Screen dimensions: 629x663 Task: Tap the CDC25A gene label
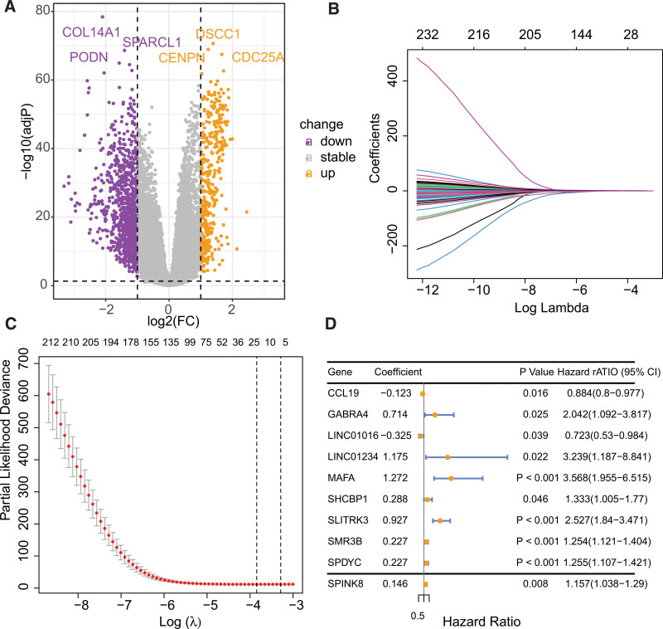[261, 57]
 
